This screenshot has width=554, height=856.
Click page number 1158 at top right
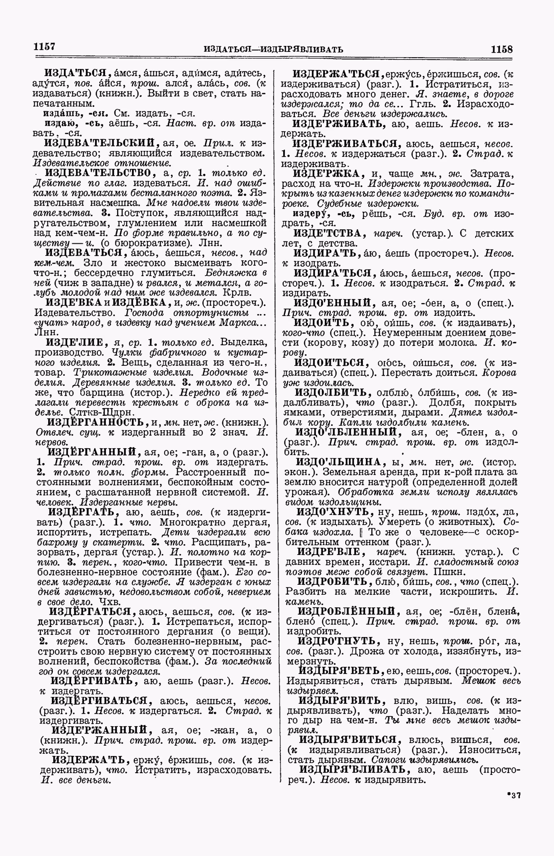pos(502,49)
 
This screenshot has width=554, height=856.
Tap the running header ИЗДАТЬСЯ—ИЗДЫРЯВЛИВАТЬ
pos(274,49)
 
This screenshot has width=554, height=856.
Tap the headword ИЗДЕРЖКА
pos(331,174)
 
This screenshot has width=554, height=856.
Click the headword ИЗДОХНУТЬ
pos(333,512)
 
